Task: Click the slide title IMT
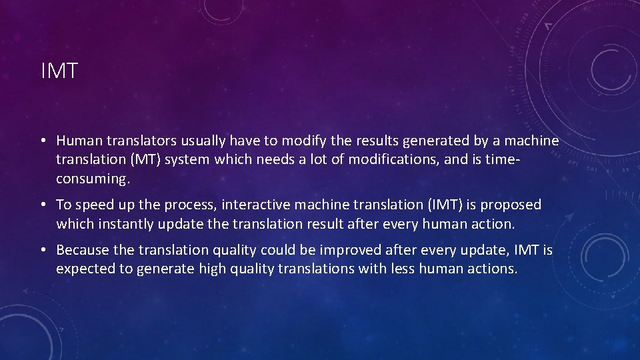59,71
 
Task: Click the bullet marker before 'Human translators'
42,141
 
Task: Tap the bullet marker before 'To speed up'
42,205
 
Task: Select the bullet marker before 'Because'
42,250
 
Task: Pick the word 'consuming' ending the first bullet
90,179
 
